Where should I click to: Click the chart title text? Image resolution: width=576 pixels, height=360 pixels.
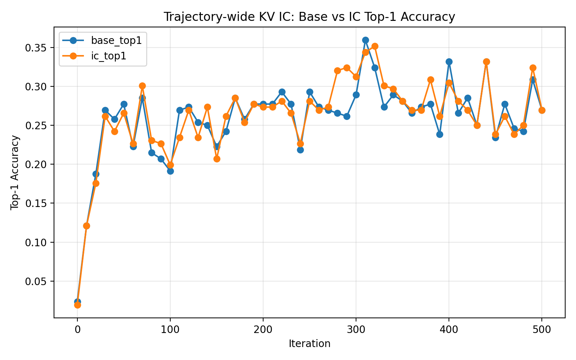coord(309,17)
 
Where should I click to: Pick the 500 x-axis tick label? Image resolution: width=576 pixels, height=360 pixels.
coord(542,330)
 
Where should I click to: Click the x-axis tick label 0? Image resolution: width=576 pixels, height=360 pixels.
coord(77,330)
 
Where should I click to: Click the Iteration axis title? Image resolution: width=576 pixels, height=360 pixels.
coord(309,344)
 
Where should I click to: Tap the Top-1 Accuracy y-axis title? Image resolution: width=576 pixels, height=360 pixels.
coord(15,172)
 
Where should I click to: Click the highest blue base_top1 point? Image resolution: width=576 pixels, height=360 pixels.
coord(365,40)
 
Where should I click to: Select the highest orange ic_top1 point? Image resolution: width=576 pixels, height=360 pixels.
coord(375,46)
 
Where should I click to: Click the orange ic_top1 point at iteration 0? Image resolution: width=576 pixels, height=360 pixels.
coord(77,305)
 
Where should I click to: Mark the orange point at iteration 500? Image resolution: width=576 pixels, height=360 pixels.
coord(542,110)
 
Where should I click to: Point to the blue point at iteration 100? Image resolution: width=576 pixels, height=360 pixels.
coord(170,171)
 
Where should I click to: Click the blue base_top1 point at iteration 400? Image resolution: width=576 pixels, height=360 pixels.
coord(449,62)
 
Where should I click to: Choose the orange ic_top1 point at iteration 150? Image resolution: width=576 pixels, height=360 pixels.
coord(217,159)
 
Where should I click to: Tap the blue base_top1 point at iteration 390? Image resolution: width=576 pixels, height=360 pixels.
coord(440,135)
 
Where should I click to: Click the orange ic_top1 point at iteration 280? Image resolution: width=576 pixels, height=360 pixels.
coord(338,71)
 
